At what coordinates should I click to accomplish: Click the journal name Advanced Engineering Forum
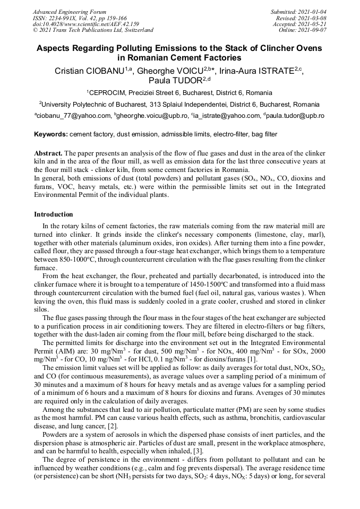[70, 12]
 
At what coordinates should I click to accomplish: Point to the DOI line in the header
[86, 24]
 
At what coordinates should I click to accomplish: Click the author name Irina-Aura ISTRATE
[255, 71]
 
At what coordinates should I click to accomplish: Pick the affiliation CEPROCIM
[109, 93]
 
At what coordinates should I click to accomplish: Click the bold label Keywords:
[51, 135]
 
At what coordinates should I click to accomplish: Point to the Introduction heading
[54, 214]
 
